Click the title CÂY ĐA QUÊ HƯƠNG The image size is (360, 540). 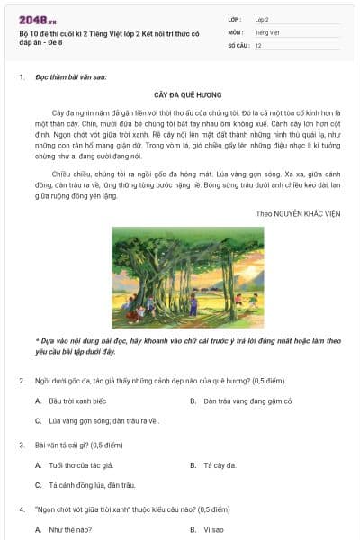[188, 94]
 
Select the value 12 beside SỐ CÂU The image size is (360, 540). [258, 44]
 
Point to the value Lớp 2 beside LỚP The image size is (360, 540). [262, 19]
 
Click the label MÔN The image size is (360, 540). [237, 31]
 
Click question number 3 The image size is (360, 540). [21, 445]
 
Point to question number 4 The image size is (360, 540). [21, 508]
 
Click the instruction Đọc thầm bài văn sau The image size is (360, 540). [71, 76]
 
